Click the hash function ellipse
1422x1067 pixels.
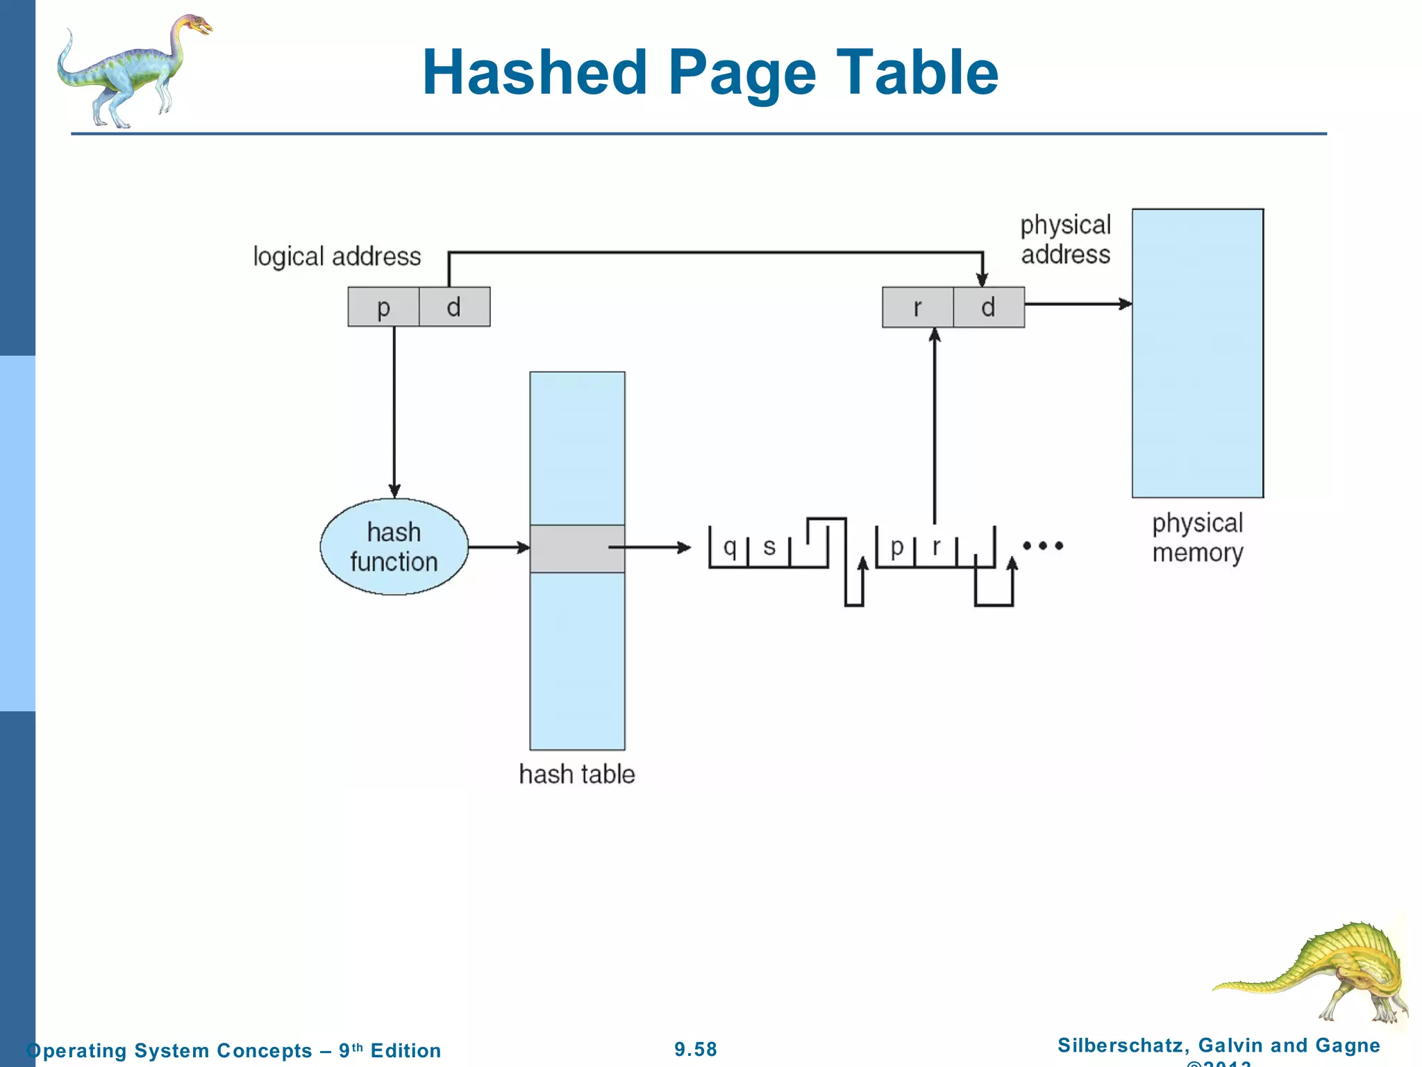pyautogui.click(x=394, y=547)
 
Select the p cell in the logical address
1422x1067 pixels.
pyautogui.click(x=383, y=307)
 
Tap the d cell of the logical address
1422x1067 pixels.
pyautogui.click(x=454, y=307)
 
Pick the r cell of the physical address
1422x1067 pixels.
pyautogui.click(x=918, y=307)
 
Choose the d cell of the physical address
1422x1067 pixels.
pyautogui.click(x=989, y=307)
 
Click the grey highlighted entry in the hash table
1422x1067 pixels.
pyautogui.click(x=577, y=549)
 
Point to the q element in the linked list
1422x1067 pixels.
pyautogui.click(x=729, y=547)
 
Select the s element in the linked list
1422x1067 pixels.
pyautogui.click(x=769, y=547)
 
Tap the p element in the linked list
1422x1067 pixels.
pyautogui.click(x=896, y=547)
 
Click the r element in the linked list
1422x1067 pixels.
pyautogui.click(x=937, y=547)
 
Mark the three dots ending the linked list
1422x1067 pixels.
pyautogui.click(x=1043, y=546)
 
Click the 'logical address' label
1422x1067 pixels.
pyautogui.click(x=337, y=257)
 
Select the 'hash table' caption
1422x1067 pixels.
pyautogui.click(x=577, y=774)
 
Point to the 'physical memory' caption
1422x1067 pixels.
pyautogui.click(x=1198, y=538)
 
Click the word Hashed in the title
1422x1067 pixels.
pyautogui.click(x=535, y=72)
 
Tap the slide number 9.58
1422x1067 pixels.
pyautogui.click(x=696, y=1049)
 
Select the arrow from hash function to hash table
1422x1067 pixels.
pyautogui.click(x=499, y=547)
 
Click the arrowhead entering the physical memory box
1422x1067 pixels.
pyautogui.click(x=1125, y=304)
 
